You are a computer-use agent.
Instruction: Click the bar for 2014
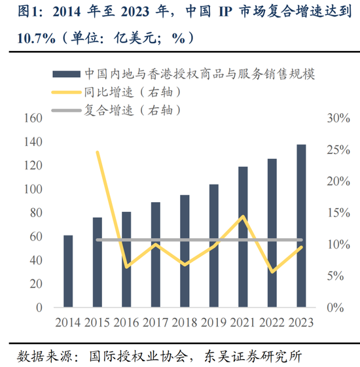click(68, 271)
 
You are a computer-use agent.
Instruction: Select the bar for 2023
click(301, 226)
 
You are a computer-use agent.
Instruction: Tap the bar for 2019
click(214, 245)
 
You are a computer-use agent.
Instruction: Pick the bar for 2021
click(243, 237)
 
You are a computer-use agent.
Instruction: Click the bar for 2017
click(156, 254)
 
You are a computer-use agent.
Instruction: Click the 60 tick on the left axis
click(35, 236)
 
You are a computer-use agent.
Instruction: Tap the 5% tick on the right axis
click(335, 276)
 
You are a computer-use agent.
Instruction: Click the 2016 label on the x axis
click(126, 322)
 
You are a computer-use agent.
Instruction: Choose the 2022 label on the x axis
click(272, 322)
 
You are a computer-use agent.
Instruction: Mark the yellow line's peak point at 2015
click(98, 152)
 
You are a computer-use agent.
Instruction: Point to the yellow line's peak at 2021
click(243, 217)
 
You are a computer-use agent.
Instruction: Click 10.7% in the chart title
click(30, 38)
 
